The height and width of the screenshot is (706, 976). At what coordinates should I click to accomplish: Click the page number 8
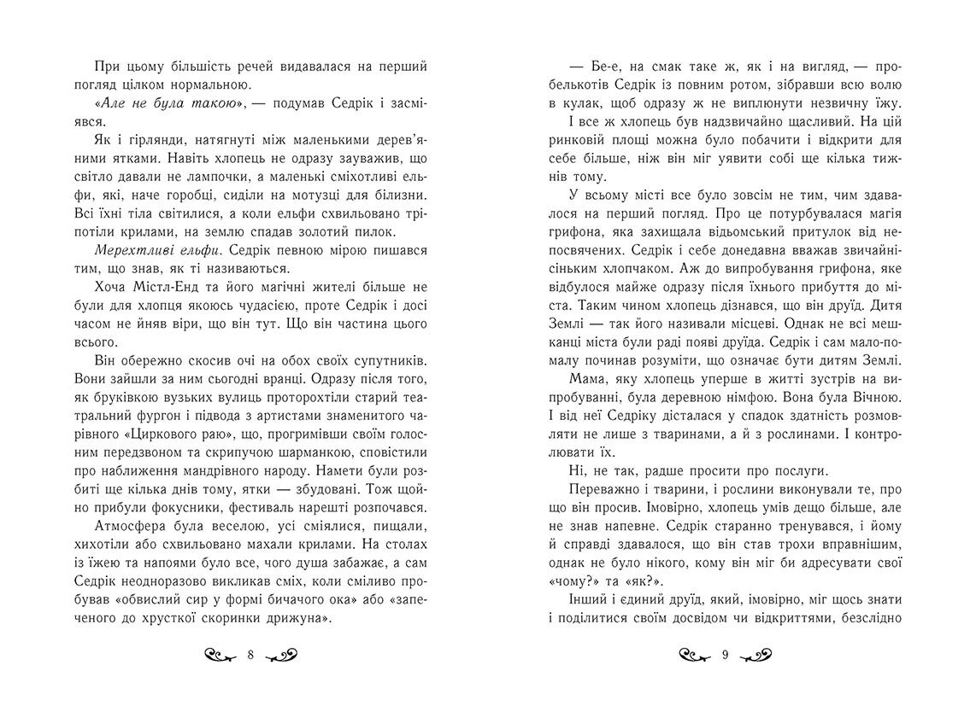click(250, 656)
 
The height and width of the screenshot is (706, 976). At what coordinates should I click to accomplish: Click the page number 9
click(725, 656)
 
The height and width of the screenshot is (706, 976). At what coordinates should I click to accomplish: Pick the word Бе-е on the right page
click(596, 66)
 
